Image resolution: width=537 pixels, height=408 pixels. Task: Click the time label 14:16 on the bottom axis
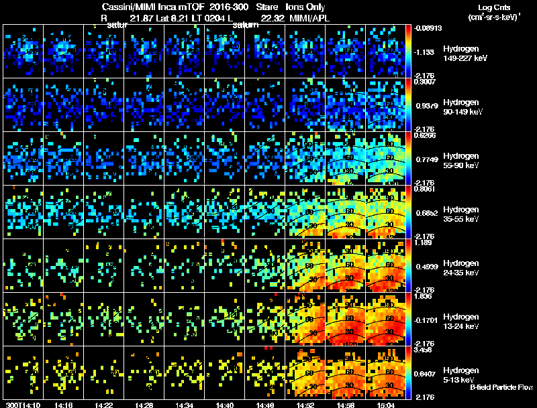pos(64,405)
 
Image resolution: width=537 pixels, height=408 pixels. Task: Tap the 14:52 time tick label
pos(305,405)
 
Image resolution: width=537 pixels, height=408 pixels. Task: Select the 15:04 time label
pos(386,405)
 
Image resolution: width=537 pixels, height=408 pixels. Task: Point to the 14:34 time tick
pos(185,405)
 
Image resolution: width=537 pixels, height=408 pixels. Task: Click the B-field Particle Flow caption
pos(501,387)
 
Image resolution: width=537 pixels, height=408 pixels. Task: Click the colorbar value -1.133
pos(427,52)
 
